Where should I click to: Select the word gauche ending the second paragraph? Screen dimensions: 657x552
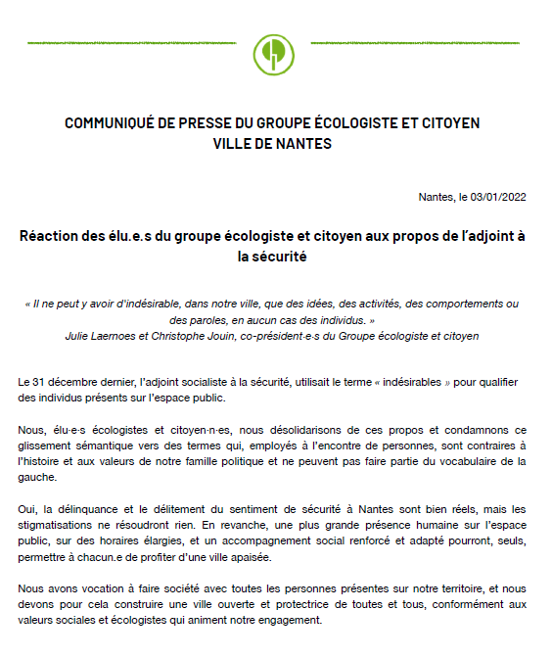coord(37,479)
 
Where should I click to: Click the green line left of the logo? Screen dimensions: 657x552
coord(127,44)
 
